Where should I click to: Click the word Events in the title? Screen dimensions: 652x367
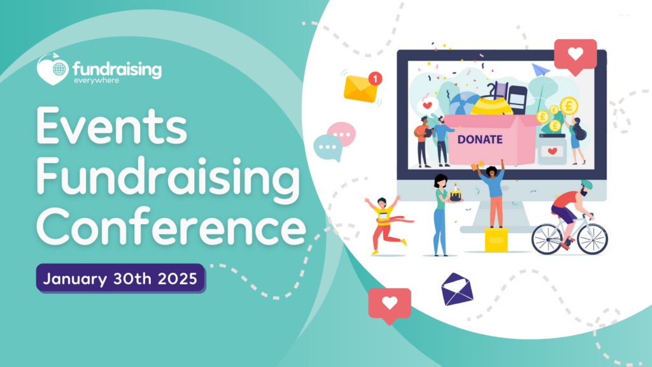point(111,126)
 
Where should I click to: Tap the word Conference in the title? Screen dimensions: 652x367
point(171,226)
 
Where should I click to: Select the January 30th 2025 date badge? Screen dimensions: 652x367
point(120,278)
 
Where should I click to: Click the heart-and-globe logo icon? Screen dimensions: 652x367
point(53,69)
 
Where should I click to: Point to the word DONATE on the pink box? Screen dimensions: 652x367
point(480,140)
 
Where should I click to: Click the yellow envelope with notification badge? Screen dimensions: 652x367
point(360,88)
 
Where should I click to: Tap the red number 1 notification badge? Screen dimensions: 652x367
point(375,78)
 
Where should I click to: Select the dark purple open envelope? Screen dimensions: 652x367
point(457,289)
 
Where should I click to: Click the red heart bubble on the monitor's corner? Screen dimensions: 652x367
point(576,56)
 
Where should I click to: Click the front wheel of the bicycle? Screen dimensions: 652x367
point(592,239)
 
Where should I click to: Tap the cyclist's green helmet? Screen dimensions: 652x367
point(586,185)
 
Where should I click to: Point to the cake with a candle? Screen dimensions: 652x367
point(456,194)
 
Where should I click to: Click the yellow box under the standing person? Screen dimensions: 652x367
point(496,240)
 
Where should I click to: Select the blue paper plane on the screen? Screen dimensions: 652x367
point(541,70)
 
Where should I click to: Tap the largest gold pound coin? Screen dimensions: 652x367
point(569,106)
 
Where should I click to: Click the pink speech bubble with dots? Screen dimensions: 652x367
point(342,134)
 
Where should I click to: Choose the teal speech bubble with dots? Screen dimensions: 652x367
point(328,148)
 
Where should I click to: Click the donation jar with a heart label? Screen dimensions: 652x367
point(552,149)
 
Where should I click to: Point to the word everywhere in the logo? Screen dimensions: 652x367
point(97,80)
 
